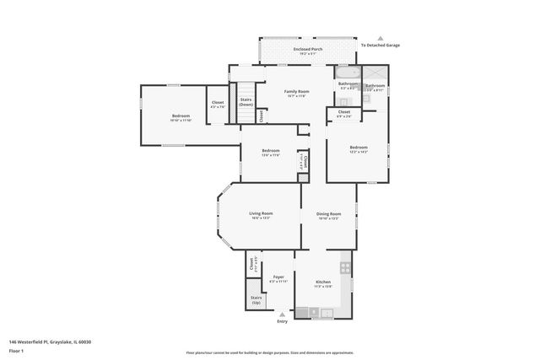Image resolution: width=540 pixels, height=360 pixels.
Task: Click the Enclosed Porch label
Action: pyautogui.click(x=307, y=50)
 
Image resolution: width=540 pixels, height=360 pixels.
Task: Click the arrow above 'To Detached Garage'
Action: pyautogui.click(x=381, y=40)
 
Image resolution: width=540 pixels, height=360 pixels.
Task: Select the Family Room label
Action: pyautogui.click(x=295, y=92)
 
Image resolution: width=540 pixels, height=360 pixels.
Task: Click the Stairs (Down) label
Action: pyautogui.click(x=246, y=102)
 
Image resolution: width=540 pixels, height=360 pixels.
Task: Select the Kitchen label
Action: pyautogui.click(x=323, y=282)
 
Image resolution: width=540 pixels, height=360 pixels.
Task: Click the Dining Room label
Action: pyautogui.click(x=329, y=214)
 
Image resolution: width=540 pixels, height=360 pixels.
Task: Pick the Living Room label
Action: pyautogui.click(x=260, y=214)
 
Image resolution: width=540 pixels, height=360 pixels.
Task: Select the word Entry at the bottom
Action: pyautogui.click(x=282, y=321)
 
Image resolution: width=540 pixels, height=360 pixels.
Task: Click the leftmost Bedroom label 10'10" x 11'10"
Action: pyautogui.click(x=181, y=116)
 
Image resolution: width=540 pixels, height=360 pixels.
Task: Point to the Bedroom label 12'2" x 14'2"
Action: pyautogui.click(x=359, y=148)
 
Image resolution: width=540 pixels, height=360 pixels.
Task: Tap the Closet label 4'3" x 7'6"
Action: pyautogui.click(x=217, y=103)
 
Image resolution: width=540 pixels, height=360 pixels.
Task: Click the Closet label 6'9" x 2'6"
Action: pyautogui.click(x=344, y=112)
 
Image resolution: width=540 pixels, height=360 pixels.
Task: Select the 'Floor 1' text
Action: pyautogui.click(x=16, y=350)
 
